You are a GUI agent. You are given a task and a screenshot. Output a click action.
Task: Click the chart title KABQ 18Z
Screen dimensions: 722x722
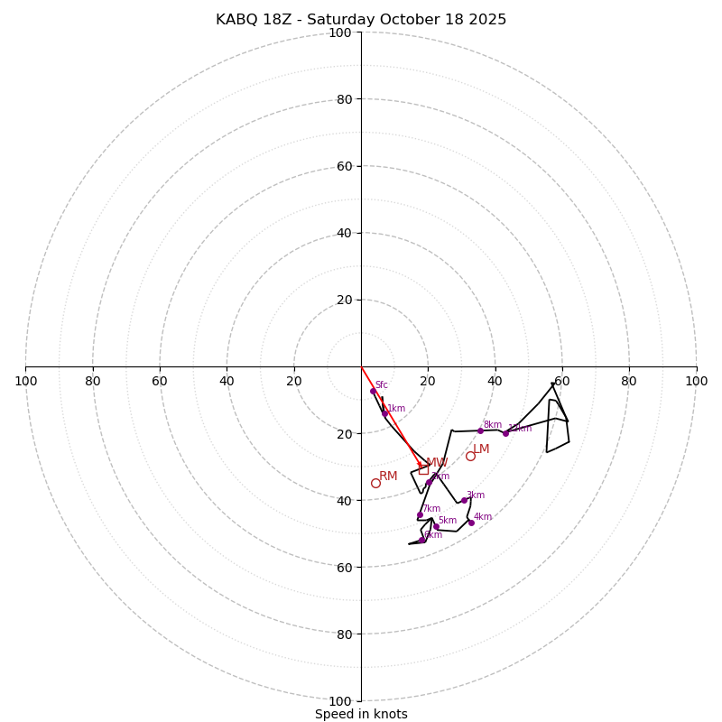361,20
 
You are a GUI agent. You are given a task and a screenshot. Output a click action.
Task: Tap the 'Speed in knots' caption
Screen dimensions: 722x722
361,714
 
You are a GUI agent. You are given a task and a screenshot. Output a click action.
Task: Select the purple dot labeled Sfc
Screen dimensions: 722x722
373,391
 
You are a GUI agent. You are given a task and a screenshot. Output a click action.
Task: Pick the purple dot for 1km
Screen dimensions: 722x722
384,413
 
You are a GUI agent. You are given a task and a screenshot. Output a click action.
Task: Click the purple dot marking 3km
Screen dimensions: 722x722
464,500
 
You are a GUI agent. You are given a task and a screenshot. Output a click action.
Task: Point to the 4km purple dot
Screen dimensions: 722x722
471,523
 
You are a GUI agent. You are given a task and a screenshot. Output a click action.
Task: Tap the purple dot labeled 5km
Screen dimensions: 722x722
436,526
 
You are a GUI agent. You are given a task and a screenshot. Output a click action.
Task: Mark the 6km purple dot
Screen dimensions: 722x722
421,540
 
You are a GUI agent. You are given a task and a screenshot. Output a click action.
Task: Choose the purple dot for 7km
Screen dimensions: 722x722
420,514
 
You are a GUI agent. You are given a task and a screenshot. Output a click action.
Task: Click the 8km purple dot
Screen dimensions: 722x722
480,430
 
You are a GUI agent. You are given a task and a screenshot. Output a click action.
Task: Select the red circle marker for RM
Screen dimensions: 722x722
375,483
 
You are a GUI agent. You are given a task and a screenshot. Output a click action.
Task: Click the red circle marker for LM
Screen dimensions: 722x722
470,456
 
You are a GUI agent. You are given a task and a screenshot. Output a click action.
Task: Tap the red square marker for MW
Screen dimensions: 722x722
423,469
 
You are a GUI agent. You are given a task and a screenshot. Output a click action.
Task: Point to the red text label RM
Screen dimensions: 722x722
388,476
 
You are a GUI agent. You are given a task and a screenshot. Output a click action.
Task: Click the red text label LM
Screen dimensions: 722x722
481,449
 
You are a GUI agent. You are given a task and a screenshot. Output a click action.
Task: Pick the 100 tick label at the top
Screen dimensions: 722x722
340,32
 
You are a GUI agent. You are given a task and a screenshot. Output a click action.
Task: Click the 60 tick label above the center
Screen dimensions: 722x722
344,166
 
